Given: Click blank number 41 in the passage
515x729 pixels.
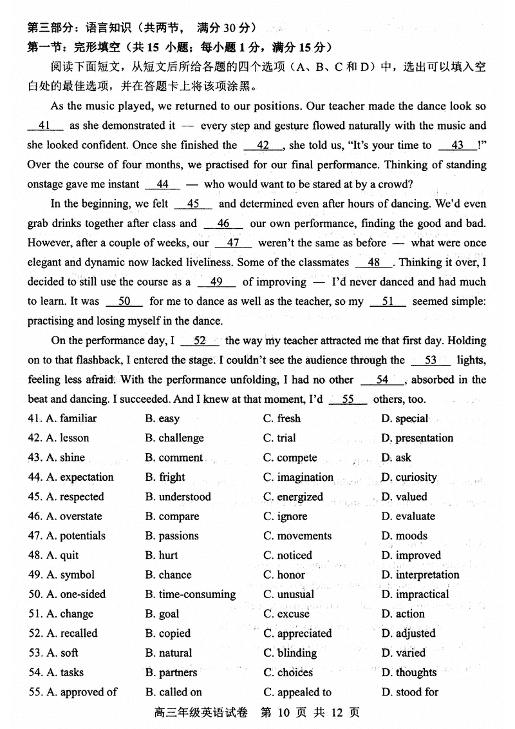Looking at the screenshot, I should tap(45, 126).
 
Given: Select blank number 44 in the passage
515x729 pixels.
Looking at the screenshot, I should tap(163, 184).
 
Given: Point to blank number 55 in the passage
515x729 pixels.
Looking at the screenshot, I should tap(348, 400).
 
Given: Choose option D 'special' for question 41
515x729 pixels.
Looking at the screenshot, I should tap(404, 419).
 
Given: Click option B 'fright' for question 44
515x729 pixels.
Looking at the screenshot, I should tap(165, 478).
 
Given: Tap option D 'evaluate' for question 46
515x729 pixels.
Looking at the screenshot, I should tap(408, 516).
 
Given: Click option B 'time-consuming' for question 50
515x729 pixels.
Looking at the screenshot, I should tap(190, 594).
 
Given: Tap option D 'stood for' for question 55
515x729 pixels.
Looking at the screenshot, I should tap(409, 692).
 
